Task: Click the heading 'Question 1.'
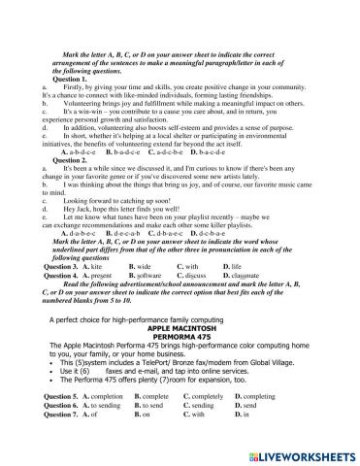coord(59,81)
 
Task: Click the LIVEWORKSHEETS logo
coord(296,454)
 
